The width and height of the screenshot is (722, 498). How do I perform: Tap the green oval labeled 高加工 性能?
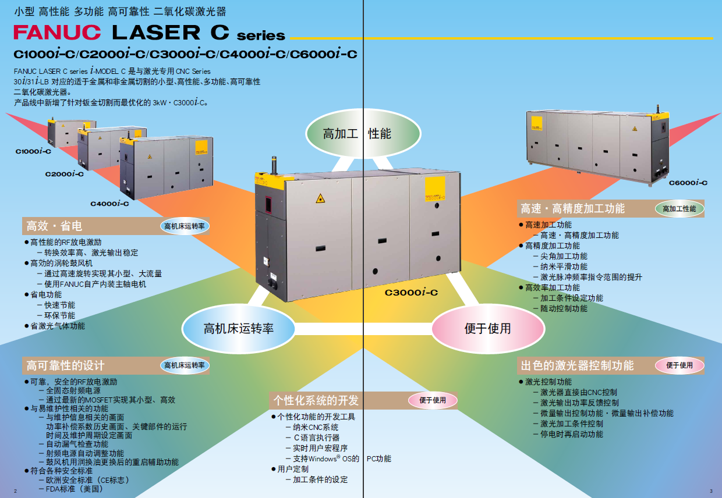pyautogui.click(x=357, y=134)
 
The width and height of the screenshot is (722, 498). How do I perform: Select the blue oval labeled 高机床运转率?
pyautogui.click(x=238, y=329)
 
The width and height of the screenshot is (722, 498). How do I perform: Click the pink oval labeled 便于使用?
pyautogui.click(x=487, y=329)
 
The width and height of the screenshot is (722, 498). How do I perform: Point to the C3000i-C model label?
pyautogui.click(x=411, y=293)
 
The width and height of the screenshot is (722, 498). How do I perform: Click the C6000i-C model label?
pyautogui.click(x=688, y=183)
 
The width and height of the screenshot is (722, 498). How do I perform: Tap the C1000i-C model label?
pyautogui.click(x=33, y=151)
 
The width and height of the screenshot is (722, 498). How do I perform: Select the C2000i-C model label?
pyautogui.click(x=65, y=173)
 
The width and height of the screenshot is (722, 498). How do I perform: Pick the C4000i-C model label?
pyautogui.click(x=109, y=204)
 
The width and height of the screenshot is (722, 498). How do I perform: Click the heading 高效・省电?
pyautogui.click(x=55, y=226)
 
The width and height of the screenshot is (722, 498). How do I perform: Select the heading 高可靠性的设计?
pyautogui.click(x=65, y=365)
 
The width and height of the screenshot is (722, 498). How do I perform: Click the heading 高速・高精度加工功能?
pyautogui.click(x=572, y=208)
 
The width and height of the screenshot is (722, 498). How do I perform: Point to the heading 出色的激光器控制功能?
pyautogui.click(x=577, y=365)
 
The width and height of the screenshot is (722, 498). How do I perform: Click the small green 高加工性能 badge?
pyautogui.click(x=679, y=209)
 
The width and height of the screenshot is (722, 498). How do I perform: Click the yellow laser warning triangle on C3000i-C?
pyautogui.click(x=320, y=198)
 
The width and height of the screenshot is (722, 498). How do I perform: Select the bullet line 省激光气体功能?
pyautogui.click(x=58, y=326)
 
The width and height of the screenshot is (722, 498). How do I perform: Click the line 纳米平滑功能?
pyautogui.click(x=564, y=266)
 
